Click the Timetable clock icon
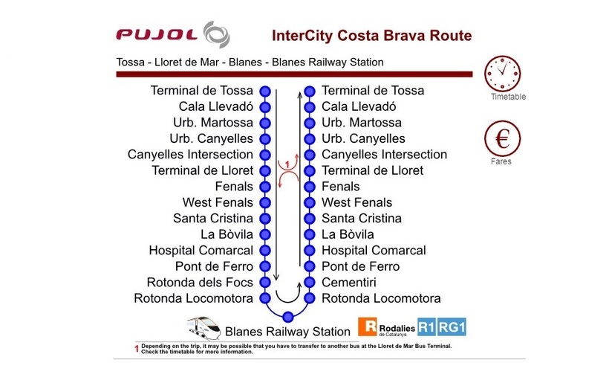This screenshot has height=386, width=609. (x=502, y=74)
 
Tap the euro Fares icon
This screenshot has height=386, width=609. (x=502, y=138)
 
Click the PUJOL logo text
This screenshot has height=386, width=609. (x=157, y=35)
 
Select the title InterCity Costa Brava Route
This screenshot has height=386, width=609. (x=371, y=36)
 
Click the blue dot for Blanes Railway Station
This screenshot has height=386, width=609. (x=288, y=317)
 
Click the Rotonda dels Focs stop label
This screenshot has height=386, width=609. (x=200, y=282)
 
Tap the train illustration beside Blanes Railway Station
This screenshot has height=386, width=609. (x=203, y=328)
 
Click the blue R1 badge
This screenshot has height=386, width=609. (x=426, y=327)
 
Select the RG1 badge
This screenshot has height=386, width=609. (x=452, y=327)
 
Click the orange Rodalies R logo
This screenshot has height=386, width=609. (x=367, y=327)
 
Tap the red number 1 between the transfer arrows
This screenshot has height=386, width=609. (x=287, y=164)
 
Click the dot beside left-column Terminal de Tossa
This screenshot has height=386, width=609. (x=265, y=91)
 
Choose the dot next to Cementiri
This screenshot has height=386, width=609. (x=310, y=282)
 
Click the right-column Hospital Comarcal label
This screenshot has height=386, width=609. (x=374, y=250)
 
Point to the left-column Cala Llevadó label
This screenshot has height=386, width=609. (x=216, y=106)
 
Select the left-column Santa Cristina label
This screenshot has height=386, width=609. (x=213, y=219)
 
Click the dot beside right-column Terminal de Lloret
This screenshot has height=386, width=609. (x=310, y=171)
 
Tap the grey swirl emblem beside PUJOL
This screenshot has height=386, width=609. (x=217, y=35)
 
